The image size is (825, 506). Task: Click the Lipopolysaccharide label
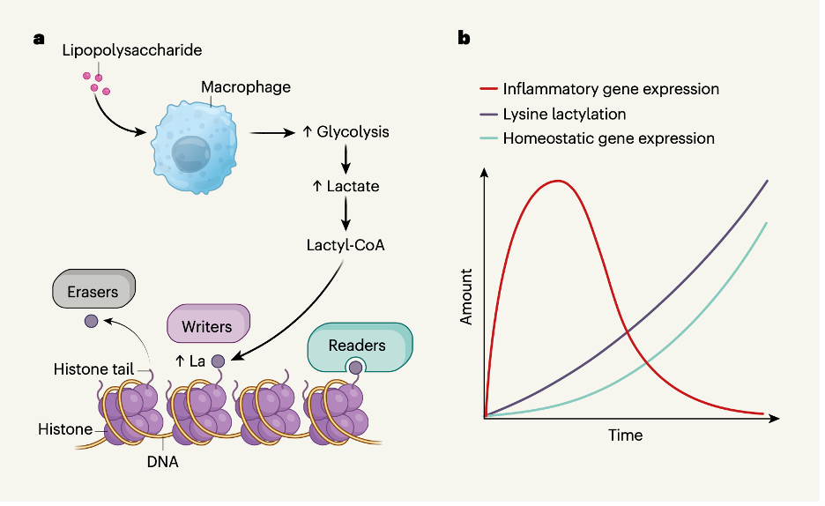(x=132, y=50)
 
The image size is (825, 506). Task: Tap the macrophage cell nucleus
(x=191, y=154)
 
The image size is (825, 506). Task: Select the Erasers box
(x=93, y=289)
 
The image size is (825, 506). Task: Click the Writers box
(x=208, y=324)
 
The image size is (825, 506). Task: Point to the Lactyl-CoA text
(x=346, y=246)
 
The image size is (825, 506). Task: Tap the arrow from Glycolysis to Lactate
(x=346, y=159)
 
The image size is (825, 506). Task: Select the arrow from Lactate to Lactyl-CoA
(x=346, y=213)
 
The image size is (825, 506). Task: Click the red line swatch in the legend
(x=489, y=89)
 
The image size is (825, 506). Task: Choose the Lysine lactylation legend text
(x=565, y=114)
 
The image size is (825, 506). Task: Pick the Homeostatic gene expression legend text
(x=609, y=138)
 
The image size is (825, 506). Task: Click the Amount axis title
(x=466, y=297)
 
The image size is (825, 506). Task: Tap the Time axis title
(x=626, y=435)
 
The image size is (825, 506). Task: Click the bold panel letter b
(x=464, y=38)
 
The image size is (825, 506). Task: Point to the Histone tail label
(x=93, y=369)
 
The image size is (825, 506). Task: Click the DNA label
(x=162, y=462)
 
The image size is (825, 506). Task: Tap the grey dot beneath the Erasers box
(x=92, y=321)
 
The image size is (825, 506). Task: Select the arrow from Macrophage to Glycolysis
(x=272, y=133)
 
